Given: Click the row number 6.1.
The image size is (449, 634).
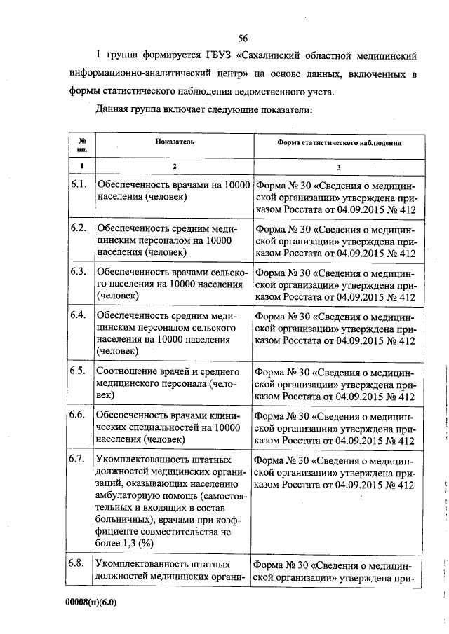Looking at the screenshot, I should pyautogui.click(x=79, y=185).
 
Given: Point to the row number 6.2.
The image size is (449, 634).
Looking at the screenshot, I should pyautogui.click(x=79, y=228).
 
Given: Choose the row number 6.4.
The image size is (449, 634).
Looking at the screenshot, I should pyautogui.click(x=79, y=315).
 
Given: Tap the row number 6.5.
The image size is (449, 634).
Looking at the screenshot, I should pyautogui.click(x=79, y=371).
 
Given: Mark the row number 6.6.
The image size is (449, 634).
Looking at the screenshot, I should pyautogui.click(x=79, y=415).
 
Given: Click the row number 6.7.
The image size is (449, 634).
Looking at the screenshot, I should pyautogui.click(x=79, y=459).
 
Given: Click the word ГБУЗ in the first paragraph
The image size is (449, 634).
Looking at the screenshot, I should pyautogui.click(x=206, y=55).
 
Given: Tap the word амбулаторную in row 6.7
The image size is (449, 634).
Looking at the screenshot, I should pyautogui.click(x=127, y=492).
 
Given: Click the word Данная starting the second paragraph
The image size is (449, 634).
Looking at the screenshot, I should pyautogui.click(x=114, y=110).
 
